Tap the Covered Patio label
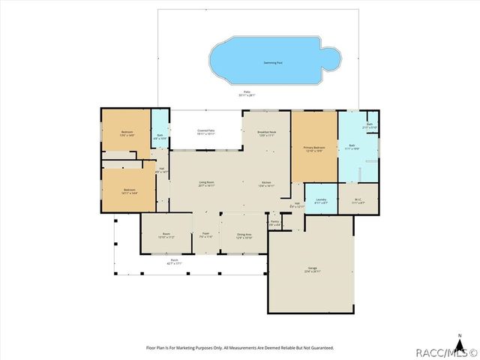pyautogui.click(x=207, y=132)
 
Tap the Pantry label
pyautogui.click(x=274, y=223)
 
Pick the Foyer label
pyautogui.click(x=204, y=235)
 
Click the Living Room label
pyautogui.click(x=207, y=184)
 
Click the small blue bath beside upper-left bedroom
pyautogui.click(x=160, y=136)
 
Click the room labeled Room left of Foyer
pyautogui.click(x=166, y=235)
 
